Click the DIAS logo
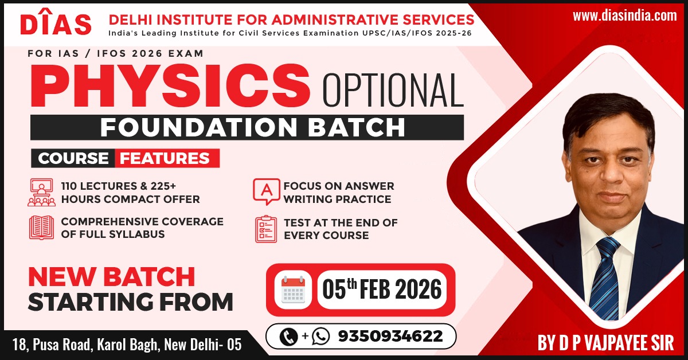coord(56,23)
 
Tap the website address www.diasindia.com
coord(625,15)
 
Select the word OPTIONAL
coord(393,90)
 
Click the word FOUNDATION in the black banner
coord(199,127)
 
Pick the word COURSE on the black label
coord(73,158)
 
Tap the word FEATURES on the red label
coord(165,158)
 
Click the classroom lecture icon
coord(41,192)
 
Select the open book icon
coord(41,228)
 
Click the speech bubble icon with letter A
coord(266,191)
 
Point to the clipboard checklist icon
coord(266,229)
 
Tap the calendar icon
coord(293,289)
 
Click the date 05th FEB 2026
coord(382,289)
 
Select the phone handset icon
coord(289,336)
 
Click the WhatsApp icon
coord(320,336)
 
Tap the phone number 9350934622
coord(390,336)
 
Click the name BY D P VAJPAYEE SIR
coord(605,343)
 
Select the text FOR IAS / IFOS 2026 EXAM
coord(115,53)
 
